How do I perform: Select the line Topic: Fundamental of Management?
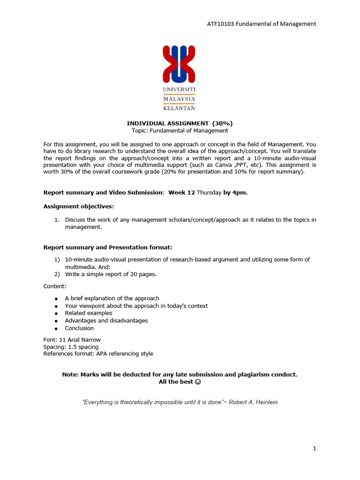pyautogui.click(x=180, y=131)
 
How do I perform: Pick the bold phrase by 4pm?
pyautogui.click(x=235, y=193)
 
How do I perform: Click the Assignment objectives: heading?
pyautogui.click(x=78, y=206)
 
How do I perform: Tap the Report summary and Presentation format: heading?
pyautogui.click(x=111, y=247)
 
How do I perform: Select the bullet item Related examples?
pyautogui.click(x=89, y=313)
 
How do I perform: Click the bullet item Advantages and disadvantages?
pyautogui.click(x=106, y=321)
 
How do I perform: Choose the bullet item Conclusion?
pyautogui.click(x=79, y=328)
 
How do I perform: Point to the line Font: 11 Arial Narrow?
pyautogui.click(x=72, y=340)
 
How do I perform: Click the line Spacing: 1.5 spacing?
pyautogui.click(x=71, y=347)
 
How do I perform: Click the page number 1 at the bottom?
pyautogui.click(x=315, y=448)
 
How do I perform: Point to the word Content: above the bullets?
pyautogui.click(x=55, y=286)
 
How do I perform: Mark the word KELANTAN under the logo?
pyautogui.click(x=179, y=108)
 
